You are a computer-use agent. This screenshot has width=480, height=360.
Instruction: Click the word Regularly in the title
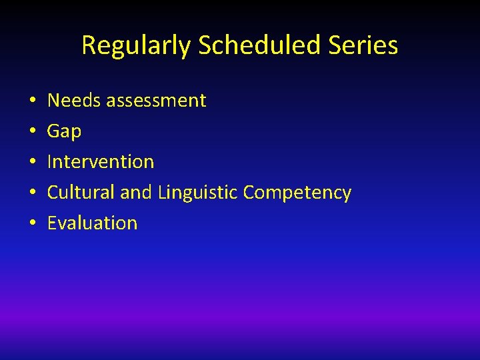137,46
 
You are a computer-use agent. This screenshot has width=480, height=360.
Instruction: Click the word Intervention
101,161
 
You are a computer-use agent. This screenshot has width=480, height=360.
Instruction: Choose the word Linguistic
198,193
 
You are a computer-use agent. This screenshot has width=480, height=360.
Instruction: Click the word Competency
297,193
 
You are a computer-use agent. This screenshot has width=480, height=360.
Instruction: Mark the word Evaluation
92,223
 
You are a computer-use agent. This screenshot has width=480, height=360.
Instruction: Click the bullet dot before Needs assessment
32,101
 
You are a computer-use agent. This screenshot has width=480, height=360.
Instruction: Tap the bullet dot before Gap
32,132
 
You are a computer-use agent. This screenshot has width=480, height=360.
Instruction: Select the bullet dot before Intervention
32,163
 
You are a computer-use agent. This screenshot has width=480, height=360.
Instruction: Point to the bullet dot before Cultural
32,193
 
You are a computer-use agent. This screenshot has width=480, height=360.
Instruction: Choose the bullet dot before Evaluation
32,224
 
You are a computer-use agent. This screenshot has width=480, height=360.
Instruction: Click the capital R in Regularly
88,45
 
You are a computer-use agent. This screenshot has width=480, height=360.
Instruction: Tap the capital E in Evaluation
52,223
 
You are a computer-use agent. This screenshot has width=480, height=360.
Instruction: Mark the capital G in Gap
53,131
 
